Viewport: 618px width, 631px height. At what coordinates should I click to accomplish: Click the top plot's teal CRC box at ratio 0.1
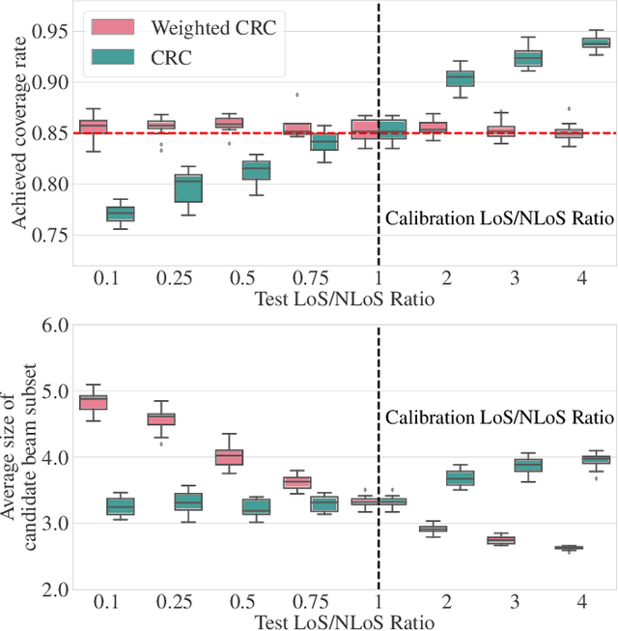tap(120, 214)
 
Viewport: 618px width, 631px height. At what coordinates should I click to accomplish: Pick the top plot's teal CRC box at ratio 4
tap(596, 43)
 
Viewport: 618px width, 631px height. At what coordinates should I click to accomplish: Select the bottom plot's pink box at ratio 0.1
tap(93, 402)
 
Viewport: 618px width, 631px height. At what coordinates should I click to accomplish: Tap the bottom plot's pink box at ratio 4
tap(569, 575)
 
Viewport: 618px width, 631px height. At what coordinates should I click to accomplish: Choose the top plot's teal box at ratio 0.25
tap(187, 188)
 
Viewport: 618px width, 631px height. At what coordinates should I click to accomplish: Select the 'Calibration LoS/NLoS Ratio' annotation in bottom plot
tap(499, 418)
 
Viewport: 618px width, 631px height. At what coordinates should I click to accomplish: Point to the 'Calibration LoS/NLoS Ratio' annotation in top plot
tap(499, 218)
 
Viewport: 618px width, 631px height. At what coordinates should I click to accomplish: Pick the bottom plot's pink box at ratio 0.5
tap(229, 457)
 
